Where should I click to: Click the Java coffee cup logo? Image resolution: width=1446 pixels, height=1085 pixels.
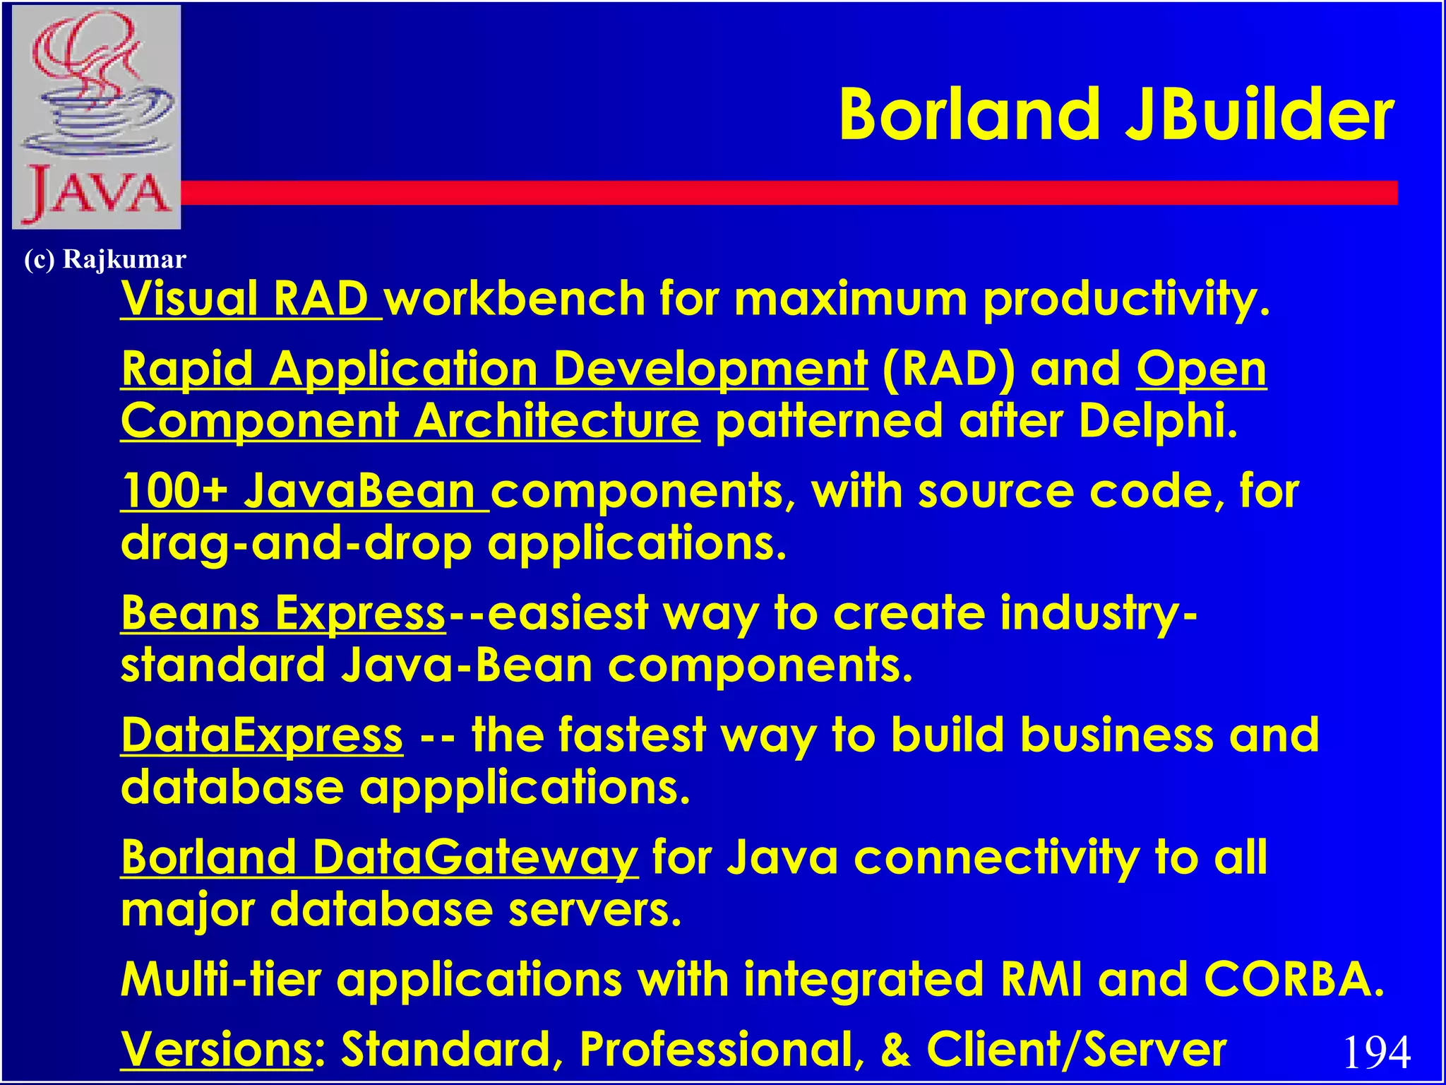97,117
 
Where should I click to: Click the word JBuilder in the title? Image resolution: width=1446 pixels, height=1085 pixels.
1259,115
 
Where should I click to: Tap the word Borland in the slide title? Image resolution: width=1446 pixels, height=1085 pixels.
969,115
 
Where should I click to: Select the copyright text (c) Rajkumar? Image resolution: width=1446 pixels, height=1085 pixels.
104,259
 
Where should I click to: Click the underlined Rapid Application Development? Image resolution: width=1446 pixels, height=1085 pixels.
494,369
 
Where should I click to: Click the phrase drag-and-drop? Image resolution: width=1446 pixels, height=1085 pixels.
297,544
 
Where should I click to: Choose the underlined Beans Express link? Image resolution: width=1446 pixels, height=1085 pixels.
282,612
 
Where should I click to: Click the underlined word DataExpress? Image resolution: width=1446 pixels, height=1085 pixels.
262,735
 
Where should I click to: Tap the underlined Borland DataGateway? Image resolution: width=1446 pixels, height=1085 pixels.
379,858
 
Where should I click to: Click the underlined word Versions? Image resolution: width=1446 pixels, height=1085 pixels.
216,1049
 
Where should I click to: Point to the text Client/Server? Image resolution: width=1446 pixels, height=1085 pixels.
1076,1049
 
